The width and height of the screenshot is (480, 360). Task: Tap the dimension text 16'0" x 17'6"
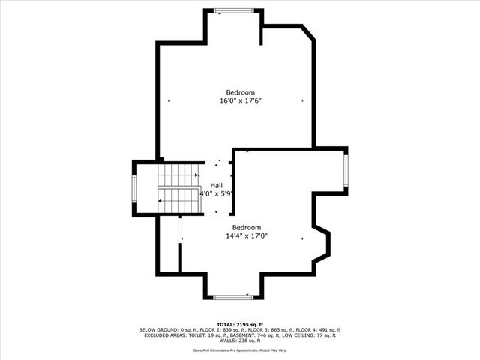240,100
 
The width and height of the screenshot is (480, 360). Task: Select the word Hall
217,185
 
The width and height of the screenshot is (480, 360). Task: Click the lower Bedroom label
246,227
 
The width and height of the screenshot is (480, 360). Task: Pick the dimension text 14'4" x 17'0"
247,235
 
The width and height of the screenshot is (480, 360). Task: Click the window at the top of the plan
234,10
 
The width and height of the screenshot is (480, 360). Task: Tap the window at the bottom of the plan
233,297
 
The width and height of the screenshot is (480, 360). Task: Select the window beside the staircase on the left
135,188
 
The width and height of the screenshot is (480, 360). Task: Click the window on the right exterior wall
346,170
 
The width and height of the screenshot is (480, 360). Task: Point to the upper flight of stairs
178,175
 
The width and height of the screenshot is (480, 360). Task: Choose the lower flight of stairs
178,200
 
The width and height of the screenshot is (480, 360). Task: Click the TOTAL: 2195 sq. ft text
239,323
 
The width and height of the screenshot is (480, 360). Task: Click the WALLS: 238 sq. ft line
240,341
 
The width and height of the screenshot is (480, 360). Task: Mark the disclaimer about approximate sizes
240,349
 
